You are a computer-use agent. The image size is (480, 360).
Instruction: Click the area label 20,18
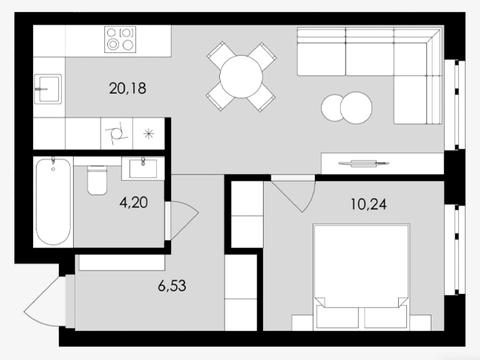click(128, 89)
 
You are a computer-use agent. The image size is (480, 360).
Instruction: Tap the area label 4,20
click(134, 202)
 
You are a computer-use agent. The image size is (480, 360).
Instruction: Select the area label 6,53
click(172, 286)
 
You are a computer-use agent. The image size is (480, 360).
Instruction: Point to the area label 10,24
click(369, 204)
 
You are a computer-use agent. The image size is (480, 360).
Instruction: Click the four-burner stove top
click(120, 39)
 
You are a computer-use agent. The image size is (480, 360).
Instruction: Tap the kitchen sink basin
click(48, 89)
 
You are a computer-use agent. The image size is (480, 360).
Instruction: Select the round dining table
click(241, 77)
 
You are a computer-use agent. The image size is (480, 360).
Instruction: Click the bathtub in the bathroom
click(53, 202)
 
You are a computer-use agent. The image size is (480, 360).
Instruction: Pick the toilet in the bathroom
click(97, 180)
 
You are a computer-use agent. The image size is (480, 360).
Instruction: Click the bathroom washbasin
click(143, 168)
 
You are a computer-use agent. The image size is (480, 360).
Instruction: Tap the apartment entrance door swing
click(45, 302)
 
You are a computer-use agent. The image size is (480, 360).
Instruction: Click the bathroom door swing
click(182, 220)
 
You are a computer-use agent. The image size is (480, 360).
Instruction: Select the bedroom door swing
click(293, 196)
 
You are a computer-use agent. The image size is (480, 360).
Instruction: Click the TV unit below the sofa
click(382, 163)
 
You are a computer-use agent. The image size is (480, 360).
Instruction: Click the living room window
click(455, 104)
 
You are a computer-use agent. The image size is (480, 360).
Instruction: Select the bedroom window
click(455, 249)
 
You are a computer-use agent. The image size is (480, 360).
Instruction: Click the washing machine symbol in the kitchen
click(117, 134)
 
